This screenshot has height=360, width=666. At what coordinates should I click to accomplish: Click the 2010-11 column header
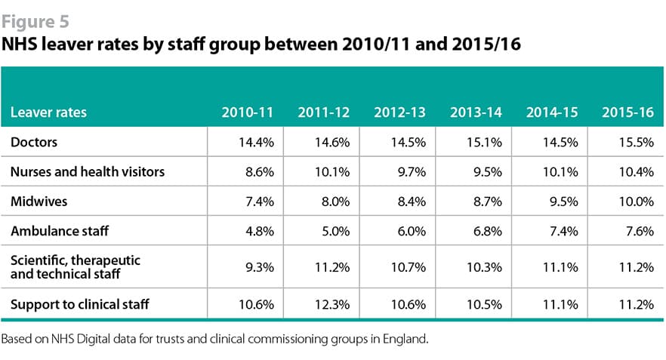pos(247,112)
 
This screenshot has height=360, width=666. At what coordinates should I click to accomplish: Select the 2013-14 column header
pos(476,112)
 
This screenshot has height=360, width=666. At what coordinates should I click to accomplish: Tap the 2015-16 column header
pos(627,112)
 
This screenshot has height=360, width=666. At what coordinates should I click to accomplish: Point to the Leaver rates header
pos(48,112)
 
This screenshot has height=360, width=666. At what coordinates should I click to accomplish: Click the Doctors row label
pos(34,142)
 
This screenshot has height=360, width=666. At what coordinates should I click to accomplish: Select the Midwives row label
pos(38,203)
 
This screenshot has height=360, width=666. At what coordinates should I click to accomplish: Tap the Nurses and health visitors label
pos(87,172)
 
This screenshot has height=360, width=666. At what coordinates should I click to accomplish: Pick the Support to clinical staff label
pos(79,304)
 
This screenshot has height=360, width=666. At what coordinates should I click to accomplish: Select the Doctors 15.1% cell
pos(485,142)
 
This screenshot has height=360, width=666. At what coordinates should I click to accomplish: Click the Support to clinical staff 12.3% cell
pos(332,304)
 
